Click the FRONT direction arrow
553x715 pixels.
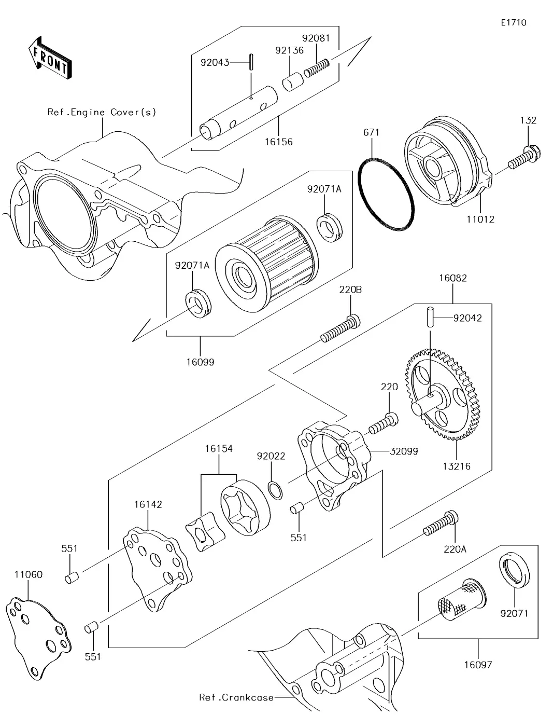[50, 58]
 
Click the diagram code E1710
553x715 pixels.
[514, 23]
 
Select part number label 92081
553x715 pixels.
[316, 38]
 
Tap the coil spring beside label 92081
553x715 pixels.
[317, 68]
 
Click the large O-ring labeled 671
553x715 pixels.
[386, 195]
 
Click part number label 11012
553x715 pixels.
[480, 219]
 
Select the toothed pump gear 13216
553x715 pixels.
[442, 395]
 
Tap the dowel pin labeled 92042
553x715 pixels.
[430, 317]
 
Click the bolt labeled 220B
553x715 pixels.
[341, 328]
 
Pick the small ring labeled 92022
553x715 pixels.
[275, 490]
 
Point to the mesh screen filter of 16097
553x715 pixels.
[462, 599]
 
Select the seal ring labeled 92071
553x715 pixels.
[514, 571]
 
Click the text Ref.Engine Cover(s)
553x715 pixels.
[102, 112]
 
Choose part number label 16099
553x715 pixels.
[200, 362]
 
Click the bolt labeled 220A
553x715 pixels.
[441, 524]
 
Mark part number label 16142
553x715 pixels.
[148, 504]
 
